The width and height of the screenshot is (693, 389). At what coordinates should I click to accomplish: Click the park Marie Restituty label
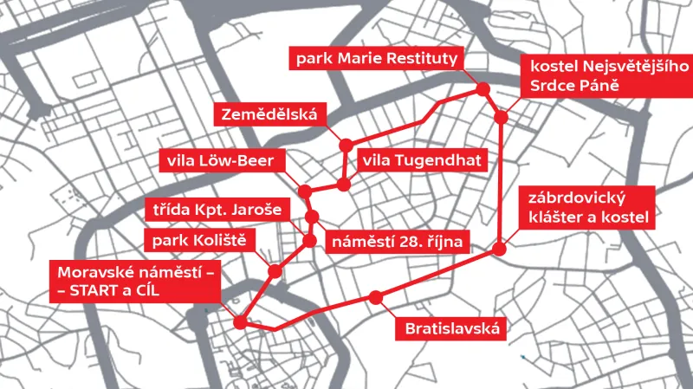coord(379,61)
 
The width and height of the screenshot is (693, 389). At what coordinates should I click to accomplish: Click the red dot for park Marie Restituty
coord(483,89)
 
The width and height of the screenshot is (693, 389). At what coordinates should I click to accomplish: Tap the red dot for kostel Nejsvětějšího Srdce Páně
coord(501,118)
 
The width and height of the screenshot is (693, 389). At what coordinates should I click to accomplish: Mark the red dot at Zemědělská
coord(346,145)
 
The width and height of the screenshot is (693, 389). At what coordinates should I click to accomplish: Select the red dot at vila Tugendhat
coord(344,185)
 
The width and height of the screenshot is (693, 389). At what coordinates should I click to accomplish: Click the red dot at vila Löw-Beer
coord(304,191)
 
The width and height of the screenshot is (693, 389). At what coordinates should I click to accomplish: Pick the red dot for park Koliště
coord(275,271)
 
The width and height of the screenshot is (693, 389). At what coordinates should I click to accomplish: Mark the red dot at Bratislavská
coord(375,298)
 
